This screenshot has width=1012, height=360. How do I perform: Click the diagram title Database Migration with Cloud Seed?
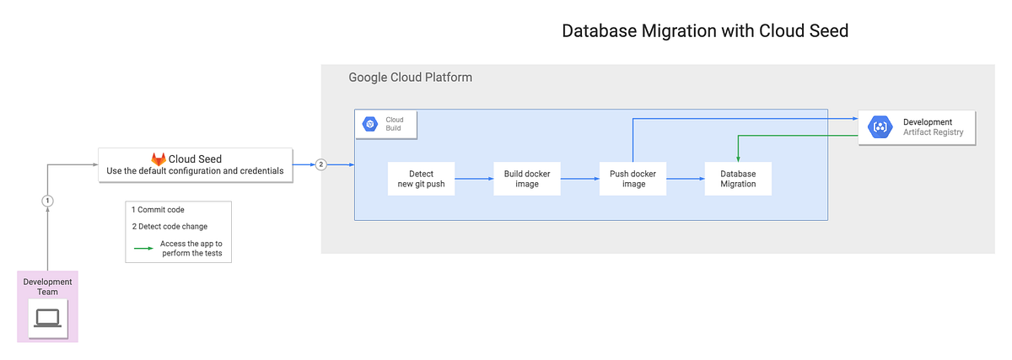click(x=704, y=31)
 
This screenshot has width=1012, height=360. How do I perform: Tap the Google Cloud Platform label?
click(x=410, y=78)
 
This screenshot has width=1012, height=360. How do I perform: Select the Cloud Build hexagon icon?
click(x=369, y=125)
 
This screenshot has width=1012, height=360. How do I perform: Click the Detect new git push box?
click(x=421, y=179)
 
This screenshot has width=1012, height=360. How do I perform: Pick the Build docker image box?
click(x=527, y=179)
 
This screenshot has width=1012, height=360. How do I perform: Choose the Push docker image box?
click(x=633, y=179)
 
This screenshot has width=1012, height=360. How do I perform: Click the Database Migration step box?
click(x=738, y=179)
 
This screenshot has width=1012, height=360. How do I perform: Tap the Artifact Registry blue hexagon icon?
click(x=880, y=127)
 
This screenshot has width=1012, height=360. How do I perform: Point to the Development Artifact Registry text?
click(x=932, y=127)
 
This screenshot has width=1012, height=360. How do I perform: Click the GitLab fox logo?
click(x=159, y=159)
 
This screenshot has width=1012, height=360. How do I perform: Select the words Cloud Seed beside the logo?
click(x=195, y=159)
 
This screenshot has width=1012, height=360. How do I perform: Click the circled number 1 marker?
click(x=48, y=201)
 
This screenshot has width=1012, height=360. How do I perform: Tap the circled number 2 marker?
click(x=320, y=164)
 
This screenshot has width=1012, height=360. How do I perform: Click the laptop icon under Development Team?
click(x=47, y=318)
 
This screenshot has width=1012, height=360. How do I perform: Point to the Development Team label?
click(x=47, y=287)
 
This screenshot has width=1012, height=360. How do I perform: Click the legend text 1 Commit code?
click(x=158, y=209)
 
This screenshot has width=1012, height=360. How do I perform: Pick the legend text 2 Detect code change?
click(x=170, y=227)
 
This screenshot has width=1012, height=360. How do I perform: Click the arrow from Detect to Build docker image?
click(x=474, y=179)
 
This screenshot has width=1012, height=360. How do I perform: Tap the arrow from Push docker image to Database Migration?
click(x=686, y=179)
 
